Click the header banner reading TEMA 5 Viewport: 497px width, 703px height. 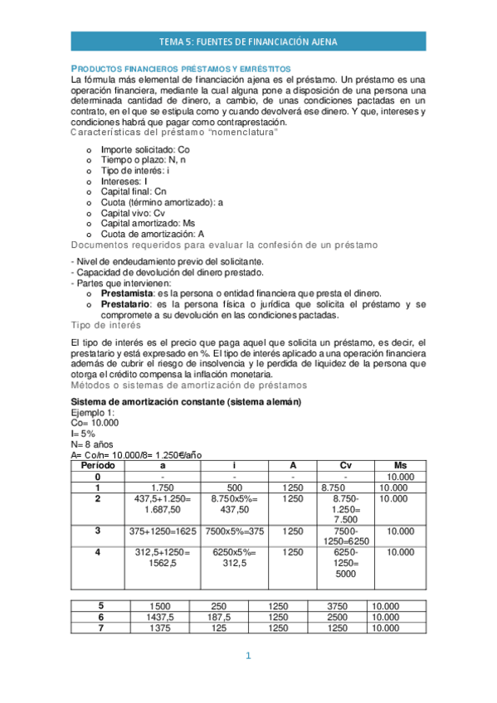pos(248,41)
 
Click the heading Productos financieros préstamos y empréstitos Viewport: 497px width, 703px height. pos(180,67)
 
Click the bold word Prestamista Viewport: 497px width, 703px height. pos(127,293)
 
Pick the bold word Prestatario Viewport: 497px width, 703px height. pos(126,304)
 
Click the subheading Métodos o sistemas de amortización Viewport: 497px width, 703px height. pos(188,385)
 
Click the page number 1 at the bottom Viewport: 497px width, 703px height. pos(247,657)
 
